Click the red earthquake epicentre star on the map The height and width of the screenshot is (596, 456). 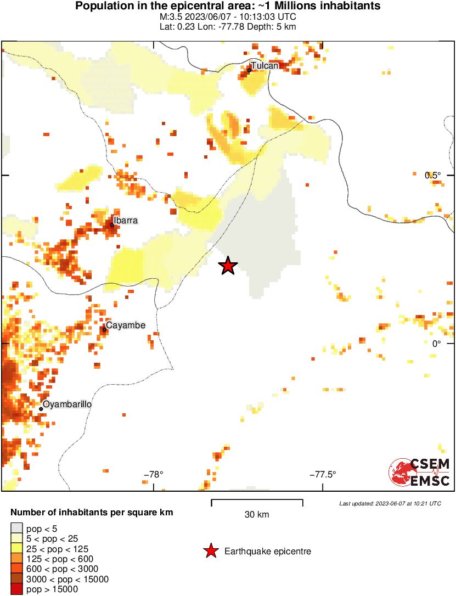[x=228, y=266]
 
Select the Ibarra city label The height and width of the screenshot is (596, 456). [x=126, y=221]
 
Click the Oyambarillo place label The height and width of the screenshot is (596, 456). [x=67, y=404]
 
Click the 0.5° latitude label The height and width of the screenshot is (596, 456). [x=433, y=175]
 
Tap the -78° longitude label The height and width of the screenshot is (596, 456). [x=154, y=475]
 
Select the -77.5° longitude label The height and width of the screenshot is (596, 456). [x=323, y=475]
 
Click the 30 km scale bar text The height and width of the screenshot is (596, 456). [x=257, y=515]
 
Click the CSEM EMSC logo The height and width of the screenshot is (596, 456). [x=419, y=472]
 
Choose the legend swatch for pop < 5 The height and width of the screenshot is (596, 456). [x=17, y=529]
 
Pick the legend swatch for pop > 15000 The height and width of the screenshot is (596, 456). [x=17, y=589]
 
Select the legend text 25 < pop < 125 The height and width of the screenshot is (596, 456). [x=58, y=549]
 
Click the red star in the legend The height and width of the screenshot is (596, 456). [x=210, y=551]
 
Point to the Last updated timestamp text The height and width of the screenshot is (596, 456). [x=390, y=503]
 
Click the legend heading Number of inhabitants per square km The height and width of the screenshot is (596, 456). [x=92, y=513]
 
